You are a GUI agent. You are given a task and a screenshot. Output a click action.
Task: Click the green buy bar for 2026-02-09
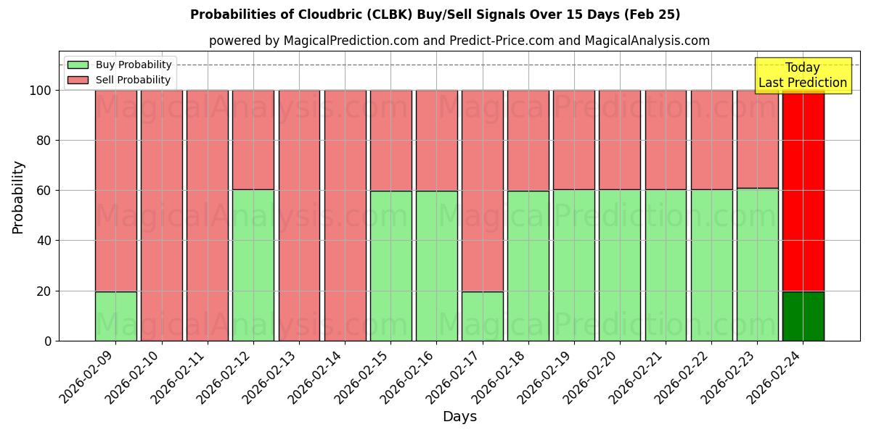pos(115,316)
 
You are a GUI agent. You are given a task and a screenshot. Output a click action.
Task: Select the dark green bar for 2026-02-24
pos(803,316)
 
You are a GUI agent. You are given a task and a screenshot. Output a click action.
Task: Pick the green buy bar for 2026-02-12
pos(253,265)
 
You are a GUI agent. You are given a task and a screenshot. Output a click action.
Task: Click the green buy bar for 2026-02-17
pos(482,316)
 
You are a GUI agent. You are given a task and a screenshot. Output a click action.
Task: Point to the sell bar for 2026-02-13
pos(299,215)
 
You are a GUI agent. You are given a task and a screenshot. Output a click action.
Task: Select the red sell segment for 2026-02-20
pos(620,140)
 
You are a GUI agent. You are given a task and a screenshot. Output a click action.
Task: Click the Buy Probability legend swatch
pos(78,65)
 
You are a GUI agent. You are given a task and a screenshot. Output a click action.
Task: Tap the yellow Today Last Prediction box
pos(803,75)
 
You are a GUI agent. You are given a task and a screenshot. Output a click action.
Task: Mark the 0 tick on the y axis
pos(49,341)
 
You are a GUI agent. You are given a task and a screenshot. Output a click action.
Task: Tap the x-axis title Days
pos(459,417)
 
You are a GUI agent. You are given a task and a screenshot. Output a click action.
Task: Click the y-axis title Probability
pos(18,196)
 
